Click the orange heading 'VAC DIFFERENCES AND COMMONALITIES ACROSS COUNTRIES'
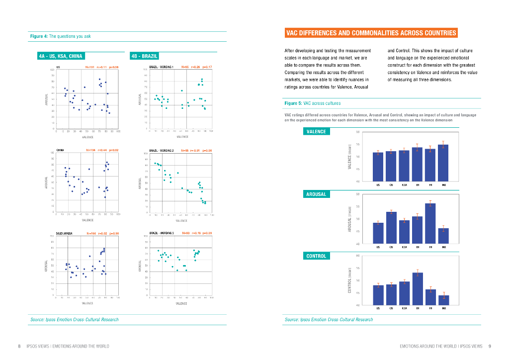(371, 33)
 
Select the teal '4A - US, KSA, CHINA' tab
(61, 56)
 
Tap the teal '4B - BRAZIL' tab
(144, 56)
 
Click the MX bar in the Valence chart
(443, 163)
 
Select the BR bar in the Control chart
(418, 288)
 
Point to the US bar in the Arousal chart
(378, 233)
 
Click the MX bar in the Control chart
(443, 300)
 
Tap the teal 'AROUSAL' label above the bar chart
(316, 194)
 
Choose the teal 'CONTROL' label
(316, 256)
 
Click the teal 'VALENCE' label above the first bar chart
(316, 132)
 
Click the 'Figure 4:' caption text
(39, 36)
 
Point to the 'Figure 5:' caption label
(293, 103)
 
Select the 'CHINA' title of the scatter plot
(60, 150)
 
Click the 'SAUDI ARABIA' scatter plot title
(66, 233)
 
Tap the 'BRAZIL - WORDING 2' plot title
(162, 150)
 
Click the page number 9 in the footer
(490, 346)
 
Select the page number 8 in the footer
(19, 346)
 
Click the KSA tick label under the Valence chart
(405, 184)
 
